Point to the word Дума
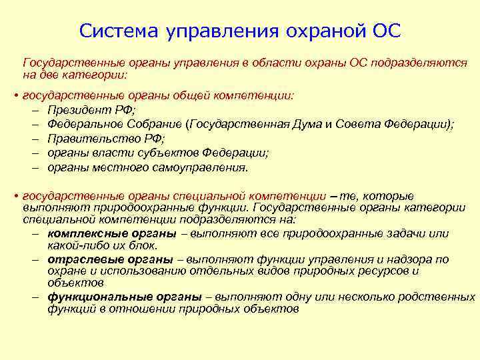[309, 125]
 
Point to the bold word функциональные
[97, 297]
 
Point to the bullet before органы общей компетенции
[15, 97]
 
